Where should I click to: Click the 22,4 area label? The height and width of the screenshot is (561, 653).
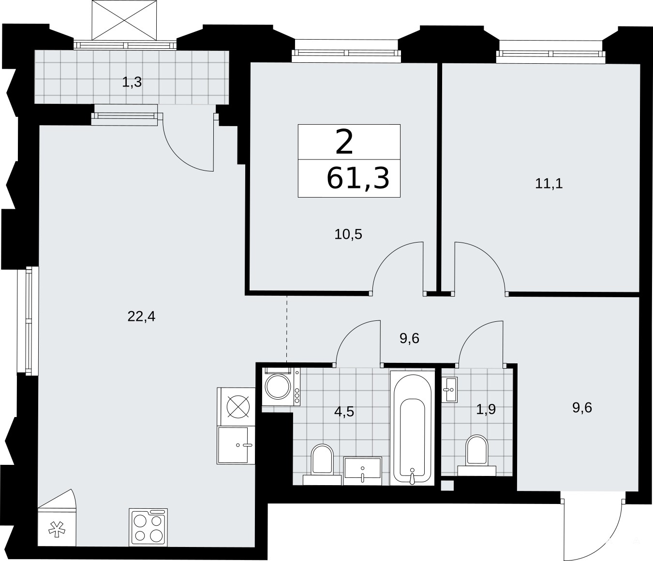pyautogui.click(x=141, y=316)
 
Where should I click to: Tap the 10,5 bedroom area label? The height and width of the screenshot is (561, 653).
pyautogui.click(x=348, y=234)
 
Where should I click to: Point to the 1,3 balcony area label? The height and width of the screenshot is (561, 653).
pyautogui.click(x=132, y=82)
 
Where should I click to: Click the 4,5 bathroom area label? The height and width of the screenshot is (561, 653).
pyautogui.click(x=344, y=412)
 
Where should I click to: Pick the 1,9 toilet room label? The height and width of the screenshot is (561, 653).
pyautogui.click(x=486, y=410)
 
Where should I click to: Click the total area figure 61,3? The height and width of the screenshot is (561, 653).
pyautogui.click(x=357, y=179)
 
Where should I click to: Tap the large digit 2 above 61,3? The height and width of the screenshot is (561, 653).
pyautogui.click(x=344, y=143)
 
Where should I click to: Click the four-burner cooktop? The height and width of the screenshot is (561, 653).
pyautogui.click(x=148, y=527)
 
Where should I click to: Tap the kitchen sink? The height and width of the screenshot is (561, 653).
pyautogui.click(x=236, y=445)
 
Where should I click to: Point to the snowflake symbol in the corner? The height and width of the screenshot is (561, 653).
pyautogui.click(x=57, y=530)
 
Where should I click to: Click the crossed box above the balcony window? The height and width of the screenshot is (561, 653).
pyautogui.click(x=124, y=20)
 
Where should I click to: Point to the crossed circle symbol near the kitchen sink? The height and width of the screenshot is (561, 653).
pyautogui.click(x=238, y=407)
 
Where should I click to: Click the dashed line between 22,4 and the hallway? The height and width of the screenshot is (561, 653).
pyautogui.click(x=286, y=329)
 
